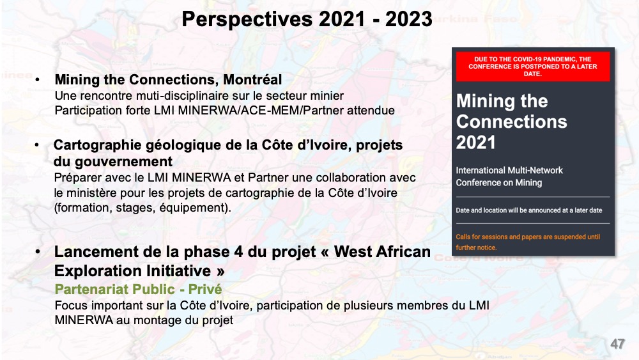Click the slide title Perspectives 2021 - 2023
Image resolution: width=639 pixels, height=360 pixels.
pos(307,19)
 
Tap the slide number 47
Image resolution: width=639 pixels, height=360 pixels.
pos(617,343)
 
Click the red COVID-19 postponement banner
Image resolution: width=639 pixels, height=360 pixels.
pos(533,67)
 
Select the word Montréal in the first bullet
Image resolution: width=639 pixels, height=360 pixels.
pos(252,79)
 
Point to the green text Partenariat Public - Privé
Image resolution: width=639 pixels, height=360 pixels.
pos(138,289)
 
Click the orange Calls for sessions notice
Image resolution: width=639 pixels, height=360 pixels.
pos(528,242)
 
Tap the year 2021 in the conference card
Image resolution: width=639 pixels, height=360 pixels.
pos(475,143)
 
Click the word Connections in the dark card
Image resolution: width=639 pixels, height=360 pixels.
pos(511,121)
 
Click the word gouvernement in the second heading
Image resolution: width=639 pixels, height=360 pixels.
pos(123,162)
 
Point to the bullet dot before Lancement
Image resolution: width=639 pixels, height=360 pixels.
pos(38,252)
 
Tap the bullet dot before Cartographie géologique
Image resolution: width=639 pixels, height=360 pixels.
pos(37,145)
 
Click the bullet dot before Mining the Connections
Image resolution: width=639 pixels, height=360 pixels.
pos(38,79)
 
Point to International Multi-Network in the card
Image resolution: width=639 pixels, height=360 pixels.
pos(509,171)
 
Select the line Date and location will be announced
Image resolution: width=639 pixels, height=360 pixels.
pos(529,210)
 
